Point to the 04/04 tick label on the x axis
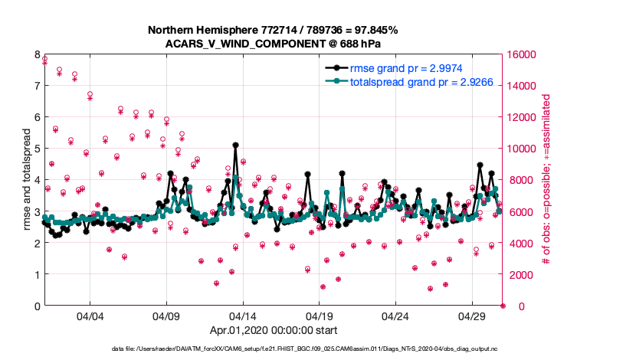tap(90, 316)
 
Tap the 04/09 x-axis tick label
tap(166, 316)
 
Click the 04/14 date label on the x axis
tap(243, 316)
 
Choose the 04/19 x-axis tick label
tap(319, 316)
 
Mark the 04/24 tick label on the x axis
tap(395, 316)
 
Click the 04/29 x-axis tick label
tap(472, 316)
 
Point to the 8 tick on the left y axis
tap(37, 54)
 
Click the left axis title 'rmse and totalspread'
tap(26, 180)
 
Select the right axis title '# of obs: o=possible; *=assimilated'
tap(546, 180)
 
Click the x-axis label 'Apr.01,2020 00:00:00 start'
tap(273, 331)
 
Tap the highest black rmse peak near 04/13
tap(235, 144)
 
